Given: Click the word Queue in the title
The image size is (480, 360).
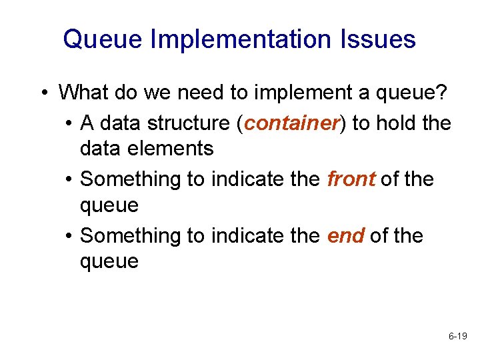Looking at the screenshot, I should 103,39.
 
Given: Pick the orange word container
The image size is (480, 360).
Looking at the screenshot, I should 292,123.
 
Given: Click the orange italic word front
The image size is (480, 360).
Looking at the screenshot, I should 352,179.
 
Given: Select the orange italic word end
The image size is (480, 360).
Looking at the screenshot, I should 345,236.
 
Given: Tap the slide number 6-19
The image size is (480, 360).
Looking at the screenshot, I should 457,337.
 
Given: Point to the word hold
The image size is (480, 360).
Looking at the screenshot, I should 395,123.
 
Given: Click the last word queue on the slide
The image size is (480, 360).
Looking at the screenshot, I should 109,261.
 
